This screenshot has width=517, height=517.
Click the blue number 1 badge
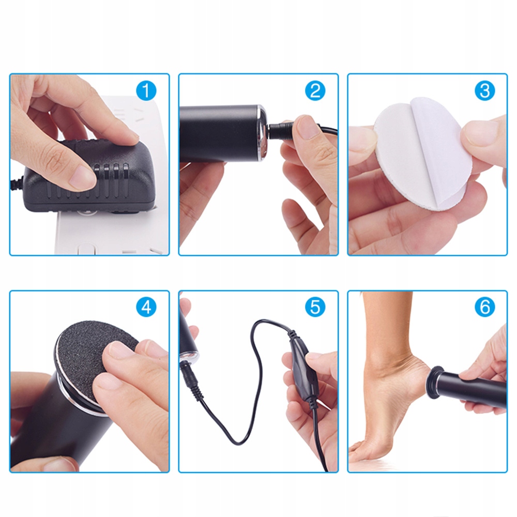[146, 90]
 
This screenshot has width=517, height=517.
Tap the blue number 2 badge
[315, 90]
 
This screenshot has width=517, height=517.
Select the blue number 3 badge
[485, 90]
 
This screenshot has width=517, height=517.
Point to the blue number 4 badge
[146, 307]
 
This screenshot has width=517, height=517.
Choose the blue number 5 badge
[315, 307]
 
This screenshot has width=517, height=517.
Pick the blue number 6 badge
[485, 307]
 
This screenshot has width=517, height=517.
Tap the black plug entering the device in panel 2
[280, 132]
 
